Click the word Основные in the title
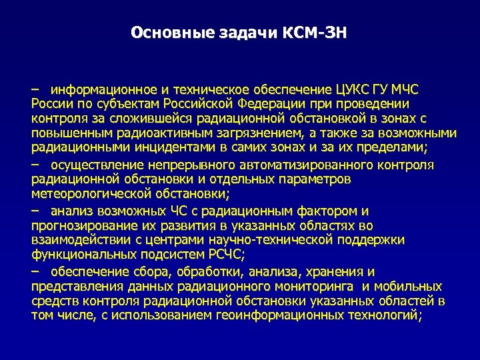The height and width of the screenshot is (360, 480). click(161, 32)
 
